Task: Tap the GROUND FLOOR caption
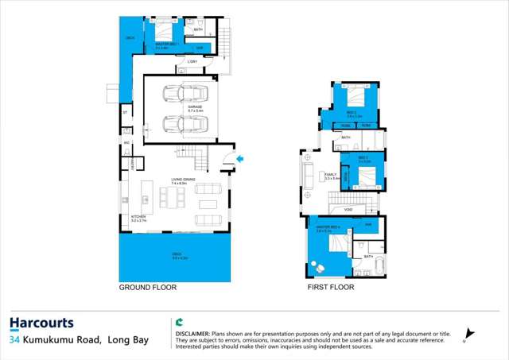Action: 148,287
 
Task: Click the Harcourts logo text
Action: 41,323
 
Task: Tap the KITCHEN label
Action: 138,216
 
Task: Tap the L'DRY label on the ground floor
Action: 192,61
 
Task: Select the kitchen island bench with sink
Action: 146,194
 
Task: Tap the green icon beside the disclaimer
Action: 180,323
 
